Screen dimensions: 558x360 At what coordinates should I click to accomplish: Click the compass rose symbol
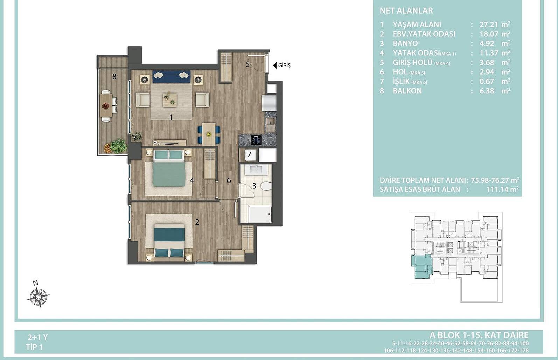38,297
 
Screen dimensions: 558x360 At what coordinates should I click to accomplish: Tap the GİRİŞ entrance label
284,65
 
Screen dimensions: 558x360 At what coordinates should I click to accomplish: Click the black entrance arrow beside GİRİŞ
275,65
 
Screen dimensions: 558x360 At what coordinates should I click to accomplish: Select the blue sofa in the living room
172,76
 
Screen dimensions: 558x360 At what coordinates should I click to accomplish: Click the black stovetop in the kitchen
256,140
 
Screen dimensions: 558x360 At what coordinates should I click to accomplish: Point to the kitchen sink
270,122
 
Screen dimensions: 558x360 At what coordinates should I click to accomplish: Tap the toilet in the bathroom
266,186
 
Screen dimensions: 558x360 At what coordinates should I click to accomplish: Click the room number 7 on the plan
249,155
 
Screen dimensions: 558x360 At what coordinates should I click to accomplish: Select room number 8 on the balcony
114,76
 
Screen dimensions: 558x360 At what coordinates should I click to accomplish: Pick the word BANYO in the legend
405,43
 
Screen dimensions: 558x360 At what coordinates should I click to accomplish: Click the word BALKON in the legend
407,91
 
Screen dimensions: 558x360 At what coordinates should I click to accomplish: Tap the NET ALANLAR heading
406,11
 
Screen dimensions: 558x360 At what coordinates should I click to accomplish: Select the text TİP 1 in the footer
34,347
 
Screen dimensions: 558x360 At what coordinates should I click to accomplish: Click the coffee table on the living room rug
170,100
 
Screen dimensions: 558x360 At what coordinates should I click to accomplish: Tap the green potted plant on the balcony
118,146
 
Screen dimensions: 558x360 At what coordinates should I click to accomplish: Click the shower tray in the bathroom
260,214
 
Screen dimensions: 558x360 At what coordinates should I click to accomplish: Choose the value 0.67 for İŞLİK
487,82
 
